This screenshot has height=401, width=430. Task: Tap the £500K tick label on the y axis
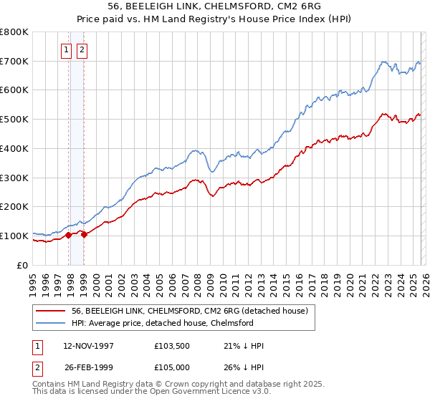coord(14,119)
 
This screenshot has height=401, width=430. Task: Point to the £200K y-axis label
coord(14,206)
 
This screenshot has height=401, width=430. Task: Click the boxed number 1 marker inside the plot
coord(67,50)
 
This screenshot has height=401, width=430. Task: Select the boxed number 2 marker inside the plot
coord(82,50)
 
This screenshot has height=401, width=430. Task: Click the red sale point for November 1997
coord(69,234)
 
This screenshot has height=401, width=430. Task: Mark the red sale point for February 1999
coord(85,233)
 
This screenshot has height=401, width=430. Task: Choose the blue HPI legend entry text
coord(163,323)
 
